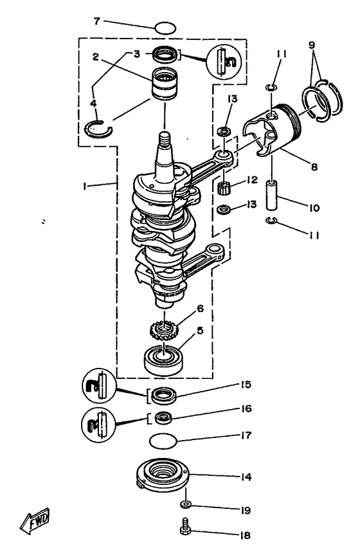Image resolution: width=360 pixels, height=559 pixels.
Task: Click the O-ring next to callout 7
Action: [166, 28]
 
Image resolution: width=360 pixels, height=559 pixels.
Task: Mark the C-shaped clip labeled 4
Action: [100, 129]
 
